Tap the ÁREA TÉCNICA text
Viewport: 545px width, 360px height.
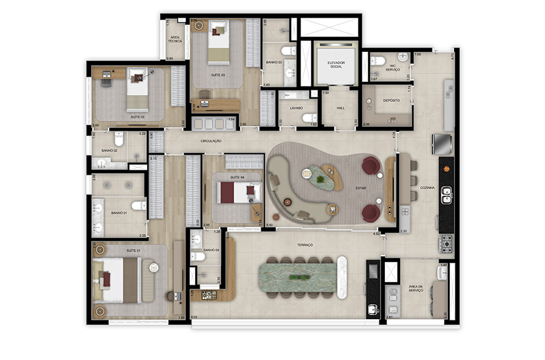pos(175,40)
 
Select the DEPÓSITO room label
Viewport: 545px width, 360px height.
pos(391,101)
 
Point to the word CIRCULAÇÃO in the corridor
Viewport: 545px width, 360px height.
pos(211,141)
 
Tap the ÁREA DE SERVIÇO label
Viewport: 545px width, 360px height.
pos(416,289)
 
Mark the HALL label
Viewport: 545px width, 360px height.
pos(340,109)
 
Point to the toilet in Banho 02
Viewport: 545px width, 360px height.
pos(118,140)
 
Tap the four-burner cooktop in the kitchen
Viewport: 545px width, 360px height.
pos(447,244)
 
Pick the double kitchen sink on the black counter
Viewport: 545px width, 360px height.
pos(447,194)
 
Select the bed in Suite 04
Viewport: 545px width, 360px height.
pos(235,193)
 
